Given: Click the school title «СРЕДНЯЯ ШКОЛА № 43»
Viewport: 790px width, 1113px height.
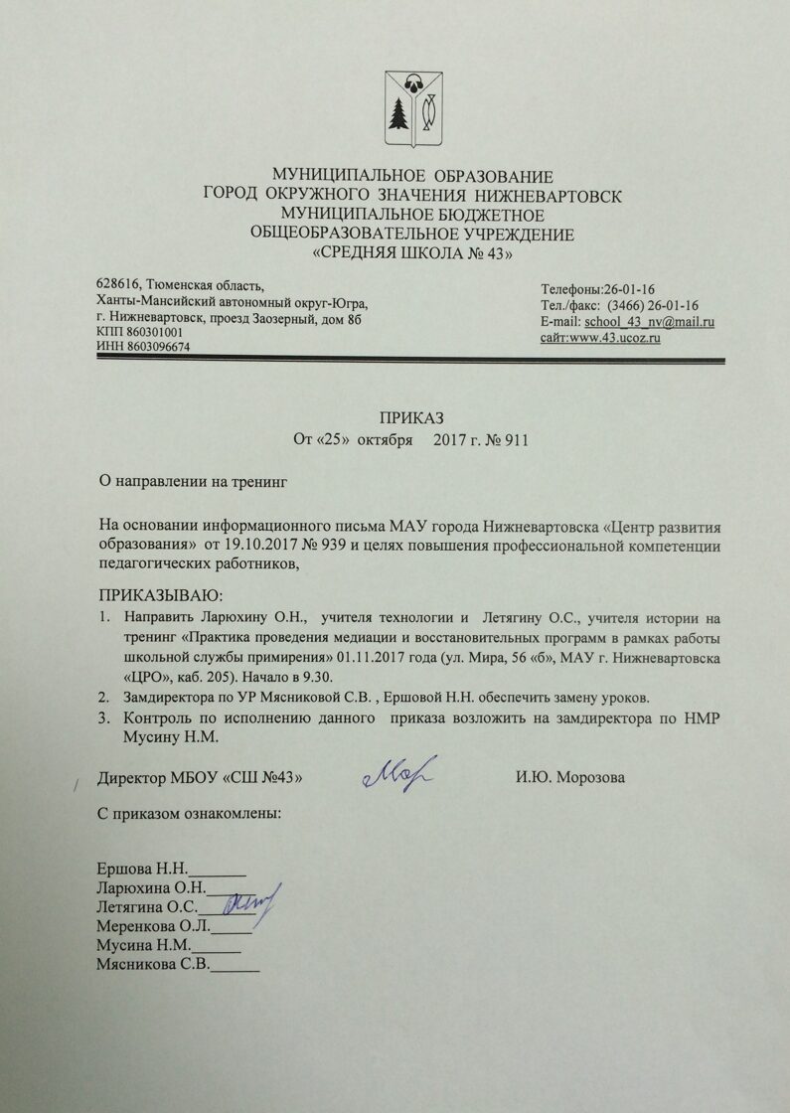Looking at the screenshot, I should coord(411,254).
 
